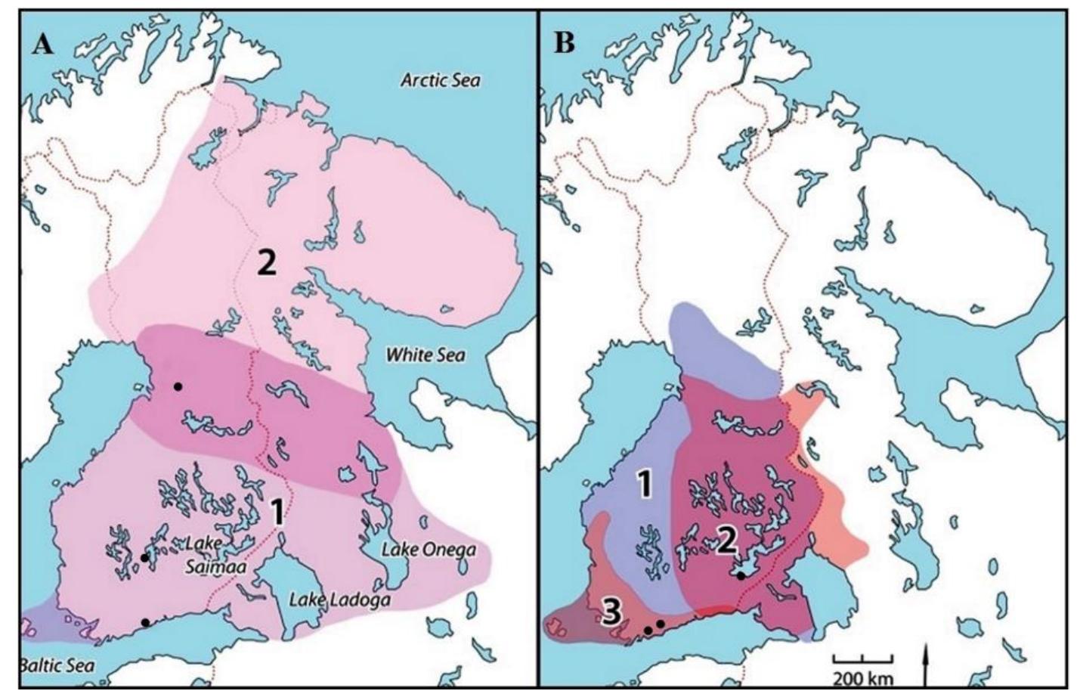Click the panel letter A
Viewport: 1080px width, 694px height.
point(42,44)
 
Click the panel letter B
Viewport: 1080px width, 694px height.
point(564,44)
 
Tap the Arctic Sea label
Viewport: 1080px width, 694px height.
point(439,80)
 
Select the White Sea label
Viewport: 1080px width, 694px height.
point(426,355)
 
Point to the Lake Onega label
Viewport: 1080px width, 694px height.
point(428,549)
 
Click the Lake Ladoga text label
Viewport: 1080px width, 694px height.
point(340,600)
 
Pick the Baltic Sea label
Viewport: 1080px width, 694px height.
point(56,665)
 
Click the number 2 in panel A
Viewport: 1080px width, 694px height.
point(266,262)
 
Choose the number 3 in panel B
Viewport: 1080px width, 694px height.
point(611,612)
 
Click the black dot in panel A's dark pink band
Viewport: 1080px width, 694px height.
point(178,386)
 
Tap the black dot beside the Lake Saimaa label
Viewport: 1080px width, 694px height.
point(144,558)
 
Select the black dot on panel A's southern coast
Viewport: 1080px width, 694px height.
point(145,622)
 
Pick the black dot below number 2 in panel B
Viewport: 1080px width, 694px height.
point(741,576)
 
